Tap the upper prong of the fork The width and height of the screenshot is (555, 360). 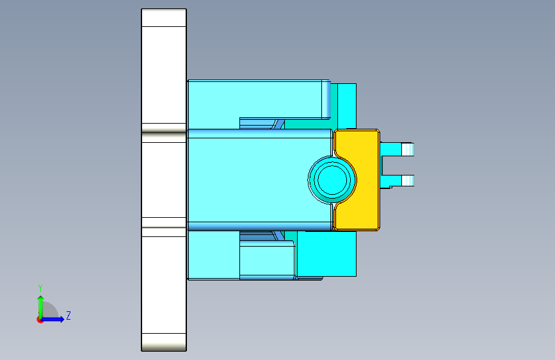coord(402,150)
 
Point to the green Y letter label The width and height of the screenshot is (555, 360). coord(40,288)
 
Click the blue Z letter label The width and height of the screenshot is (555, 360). coord(68,316)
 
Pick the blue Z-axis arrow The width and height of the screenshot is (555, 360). coord(55,319)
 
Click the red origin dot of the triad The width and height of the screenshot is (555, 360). coord(40,320)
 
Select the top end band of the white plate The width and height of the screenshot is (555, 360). coord(164,17)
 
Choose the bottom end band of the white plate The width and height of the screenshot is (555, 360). coord(164,342)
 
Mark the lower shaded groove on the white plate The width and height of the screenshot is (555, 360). coord(164,223)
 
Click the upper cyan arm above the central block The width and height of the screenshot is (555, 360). coord(256,99)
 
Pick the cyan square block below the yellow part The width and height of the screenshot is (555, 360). coord(326,253)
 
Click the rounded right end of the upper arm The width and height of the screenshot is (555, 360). coord(327,99)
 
